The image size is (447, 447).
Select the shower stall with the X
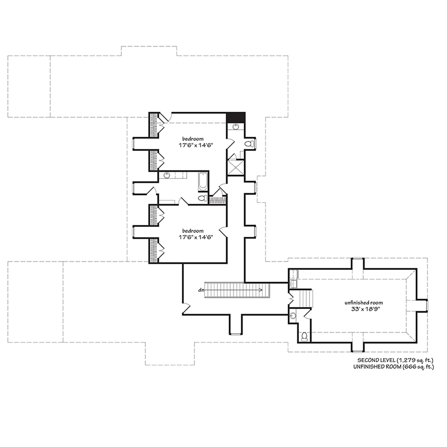[x=236, y=167]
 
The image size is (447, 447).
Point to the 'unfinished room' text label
[x=363, y=302]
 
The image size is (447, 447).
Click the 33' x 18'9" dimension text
[x=363, y=309]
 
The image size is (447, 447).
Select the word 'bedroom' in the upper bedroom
[x=192, y=138]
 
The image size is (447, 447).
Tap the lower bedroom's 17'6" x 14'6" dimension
[x=192, y=237]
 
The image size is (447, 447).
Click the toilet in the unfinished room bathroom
[x=304, y=336]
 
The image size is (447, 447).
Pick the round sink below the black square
[x=235, y=127]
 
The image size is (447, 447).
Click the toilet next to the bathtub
[x=202, y=198]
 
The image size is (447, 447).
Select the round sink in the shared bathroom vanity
[x=167, y=175]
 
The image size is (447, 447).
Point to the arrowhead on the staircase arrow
[x=261, y=289]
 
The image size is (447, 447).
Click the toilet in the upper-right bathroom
[x=249, y=144]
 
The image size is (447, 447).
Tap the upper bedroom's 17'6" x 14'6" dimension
[x=192, y=145]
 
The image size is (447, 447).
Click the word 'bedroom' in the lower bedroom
[x=192, y=230]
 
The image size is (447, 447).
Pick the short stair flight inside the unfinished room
[x=304, y=299]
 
